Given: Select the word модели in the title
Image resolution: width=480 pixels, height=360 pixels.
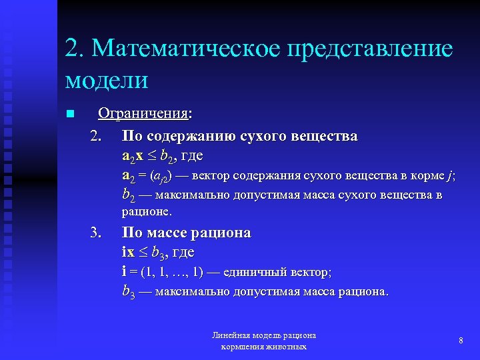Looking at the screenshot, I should (x=107, y=80).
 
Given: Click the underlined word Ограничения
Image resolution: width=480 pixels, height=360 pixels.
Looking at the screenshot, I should (x=143, y=114).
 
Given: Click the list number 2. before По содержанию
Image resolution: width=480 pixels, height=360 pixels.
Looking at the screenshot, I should (x=96, y=137).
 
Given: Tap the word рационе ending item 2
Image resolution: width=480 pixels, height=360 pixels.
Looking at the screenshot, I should (x=146, y=212).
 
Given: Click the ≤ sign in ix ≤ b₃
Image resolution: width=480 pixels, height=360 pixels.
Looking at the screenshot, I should (x=144, y=253).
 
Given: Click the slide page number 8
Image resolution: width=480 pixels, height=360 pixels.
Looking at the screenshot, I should (x=461, y=341).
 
